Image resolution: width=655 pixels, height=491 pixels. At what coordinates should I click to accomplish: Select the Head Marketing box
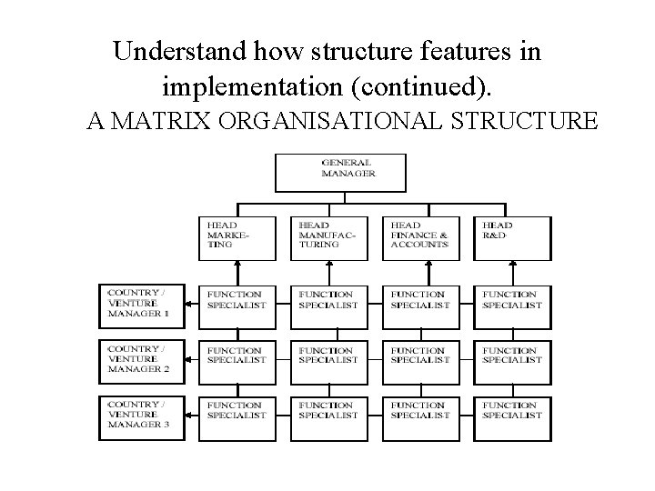click(x=237, y=238)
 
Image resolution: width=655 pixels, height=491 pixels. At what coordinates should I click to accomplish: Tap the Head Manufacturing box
click(x=328, y=238)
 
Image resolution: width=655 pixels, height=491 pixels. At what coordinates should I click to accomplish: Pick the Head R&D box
click(x=512, y=238)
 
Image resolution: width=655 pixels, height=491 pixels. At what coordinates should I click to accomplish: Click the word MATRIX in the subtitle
click(x=159, y=120)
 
